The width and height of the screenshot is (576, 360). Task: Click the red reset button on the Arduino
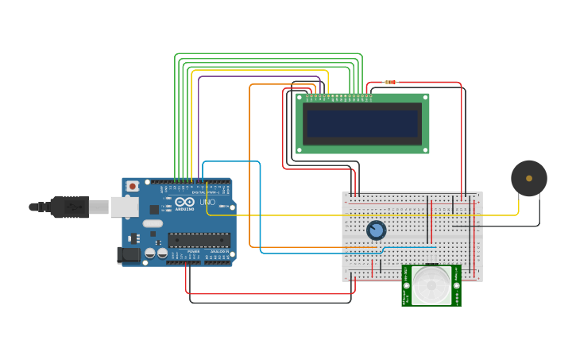tap(133, 186)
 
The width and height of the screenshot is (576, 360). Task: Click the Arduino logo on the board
tap(184, 203)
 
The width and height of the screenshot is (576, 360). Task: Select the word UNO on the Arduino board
tap(207, 203)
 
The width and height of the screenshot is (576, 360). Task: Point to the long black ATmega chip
tap(199, 239)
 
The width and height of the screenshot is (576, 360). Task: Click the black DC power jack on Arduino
tap(127, 255)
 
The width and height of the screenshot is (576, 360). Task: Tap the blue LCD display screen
tap(362, 124)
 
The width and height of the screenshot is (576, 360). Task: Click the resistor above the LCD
tap(390, 82)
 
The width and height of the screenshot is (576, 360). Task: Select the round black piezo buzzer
tap(528, 179)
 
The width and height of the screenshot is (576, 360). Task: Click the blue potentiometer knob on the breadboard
tap(376, 230)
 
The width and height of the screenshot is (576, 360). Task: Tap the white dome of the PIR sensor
tap(431, 285)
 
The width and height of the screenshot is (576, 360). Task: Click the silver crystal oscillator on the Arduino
tap(153, 223)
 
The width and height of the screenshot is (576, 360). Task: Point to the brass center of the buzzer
tap(529, 179)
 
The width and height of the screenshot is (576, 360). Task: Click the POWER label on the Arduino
tap(193, 251)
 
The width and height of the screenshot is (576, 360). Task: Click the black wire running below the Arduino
tap(270, 303)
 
